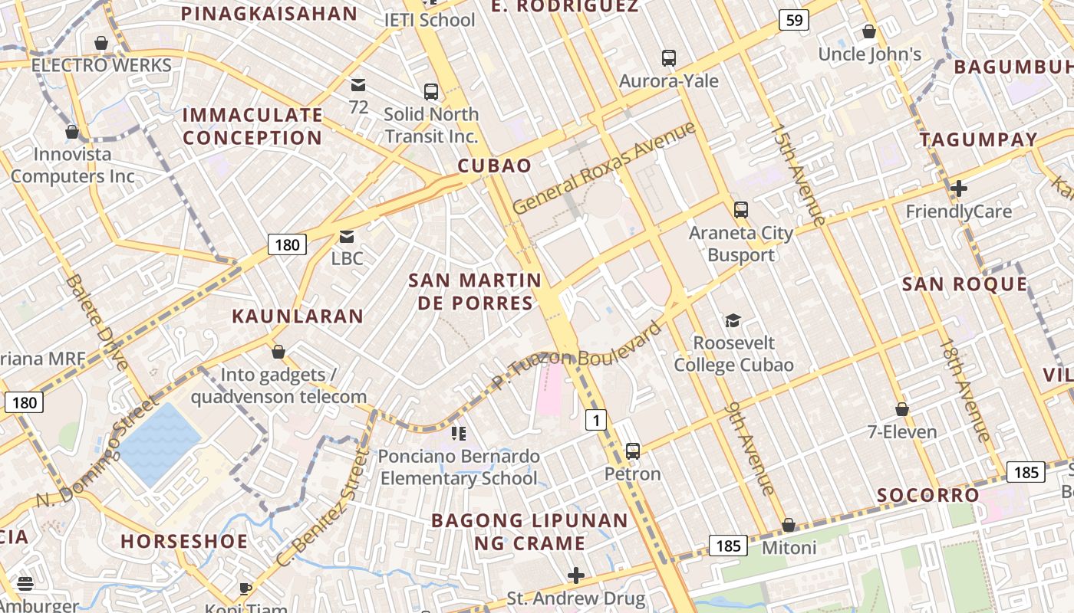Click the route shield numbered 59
pos(794,20)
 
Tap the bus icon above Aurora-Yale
pos(669,57)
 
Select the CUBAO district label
pos(495,166)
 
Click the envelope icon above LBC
pos(347,237)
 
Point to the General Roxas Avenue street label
pos(604,168)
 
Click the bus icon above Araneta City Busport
pos(740,209)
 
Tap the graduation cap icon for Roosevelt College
pos(733,320)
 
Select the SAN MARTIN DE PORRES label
pos(474,291)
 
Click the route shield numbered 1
pos(596,419)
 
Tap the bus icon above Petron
pos(632,451)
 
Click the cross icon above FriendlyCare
pos(958,188)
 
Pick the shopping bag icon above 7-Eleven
pos(902,409)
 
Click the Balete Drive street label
pos(97,322)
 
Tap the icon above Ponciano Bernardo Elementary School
pos(459,434)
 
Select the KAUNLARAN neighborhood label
pos(298,316)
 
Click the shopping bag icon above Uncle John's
pos(869,31)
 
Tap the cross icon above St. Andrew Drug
pos(576,575)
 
